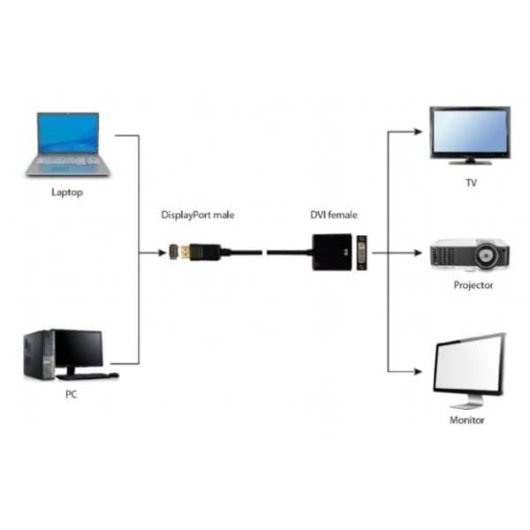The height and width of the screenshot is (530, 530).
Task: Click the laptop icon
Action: click(x=67, y=143)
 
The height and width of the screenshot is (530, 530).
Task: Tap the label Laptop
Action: click(x=67, y=192)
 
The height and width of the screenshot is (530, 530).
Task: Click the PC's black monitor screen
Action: click(x=78, y=349)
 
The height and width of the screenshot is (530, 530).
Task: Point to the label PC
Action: click(x=71, y=395)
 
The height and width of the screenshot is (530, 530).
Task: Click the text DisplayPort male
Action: click(x=198, y=215)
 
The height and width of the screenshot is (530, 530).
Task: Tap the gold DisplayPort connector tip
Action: click(x=175, y=253)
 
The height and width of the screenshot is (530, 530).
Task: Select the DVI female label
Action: click(x=334, y=215)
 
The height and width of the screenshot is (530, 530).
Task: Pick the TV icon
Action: click(x=469, y=134)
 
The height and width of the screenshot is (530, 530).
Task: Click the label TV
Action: click(x=471, y=184)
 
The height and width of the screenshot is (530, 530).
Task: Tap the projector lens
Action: click(x=485, y=257)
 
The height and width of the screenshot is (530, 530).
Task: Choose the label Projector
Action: click(x=473, y=285)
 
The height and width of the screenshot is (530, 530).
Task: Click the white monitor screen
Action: click(x=468, y=367)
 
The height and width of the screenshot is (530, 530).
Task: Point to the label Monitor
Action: click(x=467, y=420)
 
